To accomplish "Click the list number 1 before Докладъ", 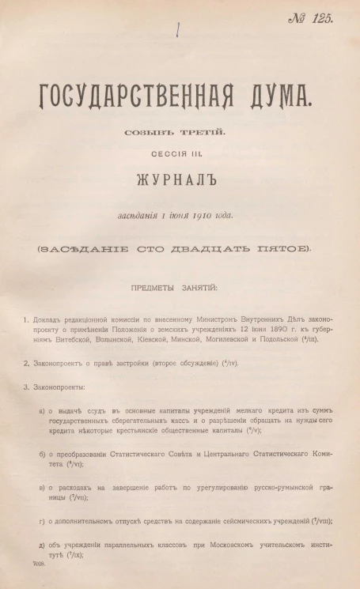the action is tap(26, 320).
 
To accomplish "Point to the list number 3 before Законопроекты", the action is tap(26, 387).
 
